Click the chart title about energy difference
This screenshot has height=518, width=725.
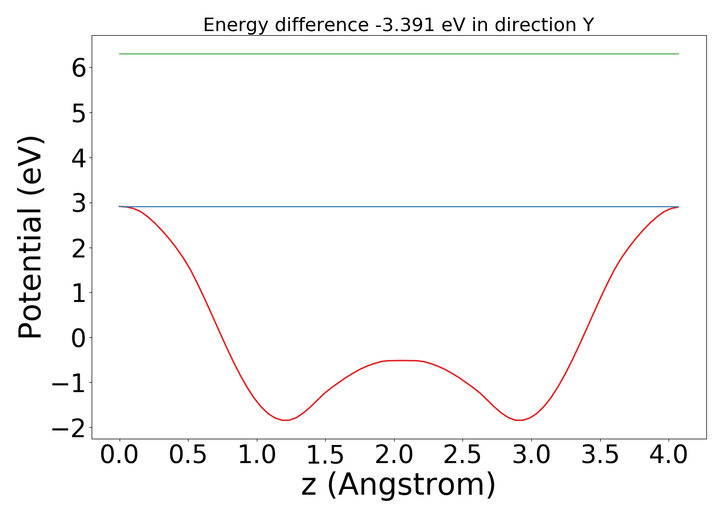[398, 25]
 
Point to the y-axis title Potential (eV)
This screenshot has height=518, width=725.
[31, 237]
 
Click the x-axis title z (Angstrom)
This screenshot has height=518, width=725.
[398, 485]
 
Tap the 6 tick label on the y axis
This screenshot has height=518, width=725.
[79, 68]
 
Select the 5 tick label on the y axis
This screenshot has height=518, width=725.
[79, 113]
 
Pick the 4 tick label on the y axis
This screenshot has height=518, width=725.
[79, 158]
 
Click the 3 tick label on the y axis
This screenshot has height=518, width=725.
[79, 203]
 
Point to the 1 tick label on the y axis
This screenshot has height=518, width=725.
[79, 293]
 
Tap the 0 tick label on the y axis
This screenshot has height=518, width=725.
[79, 338]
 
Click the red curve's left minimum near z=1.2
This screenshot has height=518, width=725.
[285, 420]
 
